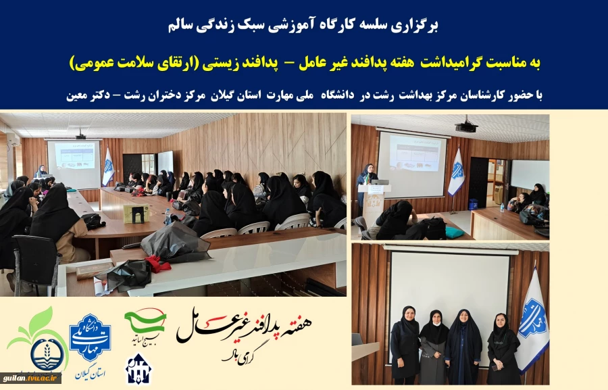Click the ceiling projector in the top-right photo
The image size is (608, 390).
[466, 126]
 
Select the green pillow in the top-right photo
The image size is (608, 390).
[455, 232]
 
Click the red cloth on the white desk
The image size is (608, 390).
[157, 264]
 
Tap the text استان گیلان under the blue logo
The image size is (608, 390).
[91, 371]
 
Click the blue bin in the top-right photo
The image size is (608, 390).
[473, 204]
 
